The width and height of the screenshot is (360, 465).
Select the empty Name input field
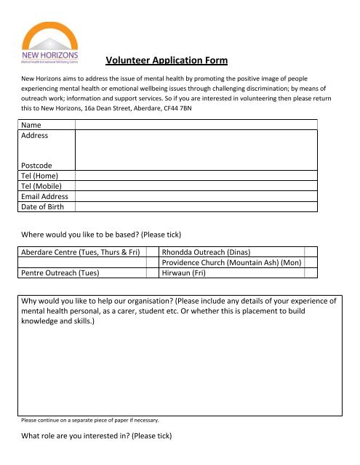coord(196,124)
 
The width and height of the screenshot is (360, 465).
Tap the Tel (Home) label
coord(39,176)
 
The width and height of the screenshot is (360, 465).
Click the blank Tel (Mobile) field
coord(196,186)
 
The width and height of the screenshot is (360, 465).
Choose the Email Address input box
coord(196,196)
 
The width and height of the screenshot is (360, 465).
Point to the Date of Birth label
coord(43,207)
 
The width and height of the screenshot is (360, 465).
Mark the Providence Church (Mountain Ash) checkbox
coord(311,262)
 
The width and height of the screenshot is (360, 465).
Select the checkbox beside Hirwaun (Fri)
coord(311,273)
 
